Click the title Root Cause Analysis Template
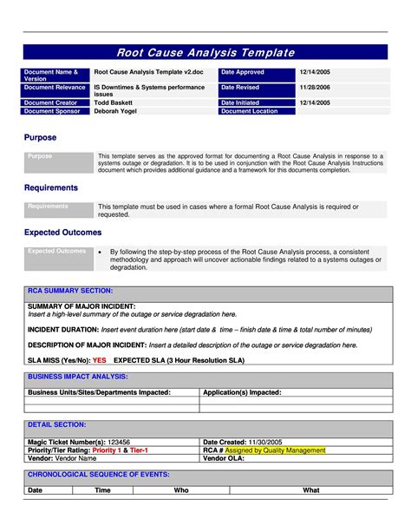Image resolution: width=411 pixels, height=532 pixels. pyautogui.click(x=205, y=53)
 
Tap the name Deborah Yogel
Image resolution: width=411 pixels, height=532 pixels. pyautogui.click(x=117, y=111)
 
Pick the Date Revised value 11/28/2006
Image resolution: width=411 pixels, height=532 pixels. pyautogui.click(x=316, y=88)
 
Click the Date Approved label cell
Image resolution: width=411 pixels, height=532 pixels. pyautogui.click(x=254, y=73)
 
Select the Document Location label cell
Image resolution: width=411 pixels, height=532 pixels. pyautogui.click(x=254, y=111)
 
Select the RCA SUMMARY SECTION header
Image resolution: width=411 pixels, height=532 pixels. pyautogui.click(x=70, y=291)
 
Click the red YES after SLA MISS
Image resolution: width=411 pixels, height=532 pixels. pyautogui.click(x=100, y=359)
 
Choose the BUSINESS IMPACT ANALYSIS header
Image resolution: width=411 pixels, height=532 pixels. pyautogui.click(x=78, y=377)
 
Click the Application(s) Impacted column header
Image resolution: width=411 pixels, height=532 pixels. pyautogui.click(x=242, y=392)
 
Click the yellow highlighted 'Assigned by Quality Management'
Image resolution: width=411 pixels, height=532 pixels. pyautogui.click(x=276, y=450)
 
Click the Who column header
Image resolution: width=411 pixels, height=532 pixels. pyautogui.click(x=181, y=490)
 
